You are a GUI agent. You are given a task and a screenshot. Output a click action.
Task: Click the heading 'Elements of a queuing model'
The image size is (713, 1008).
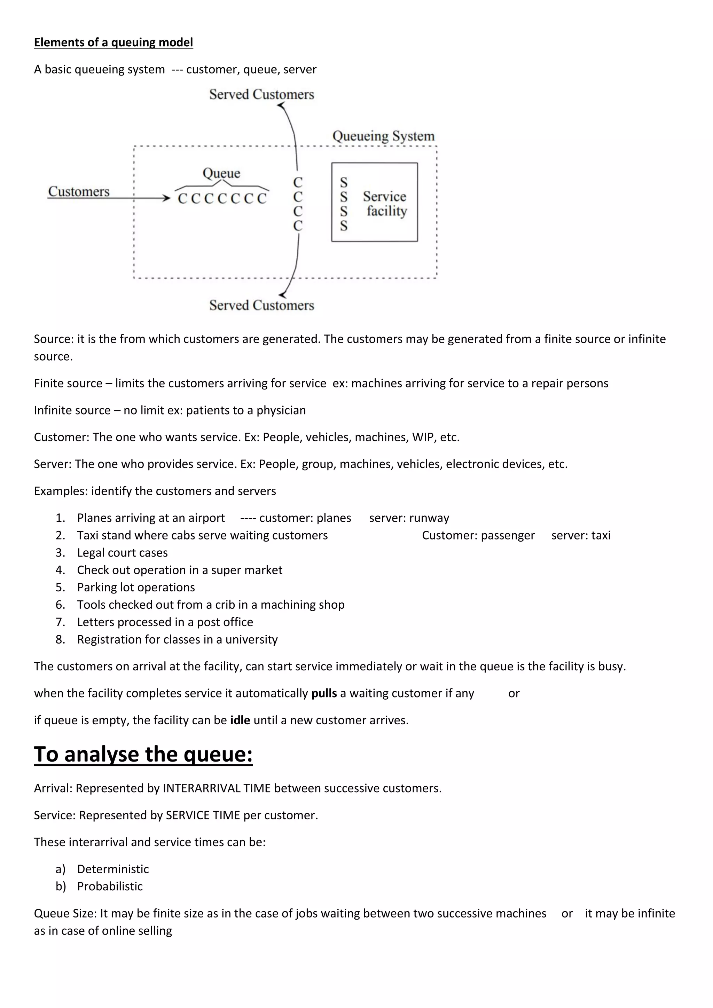[x=113, y=42]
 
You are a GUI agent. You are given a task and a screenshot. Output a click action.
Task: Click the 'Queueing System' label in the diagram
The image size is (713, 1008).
[x=383, y=136]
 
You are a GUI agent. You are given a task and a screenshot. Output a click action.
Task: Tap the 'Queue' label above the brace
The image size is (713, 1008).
[x=221, y=173]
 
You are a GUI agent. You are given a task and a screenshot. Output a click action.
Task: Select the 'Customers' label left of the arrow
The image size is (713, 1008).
[x=79, y=191]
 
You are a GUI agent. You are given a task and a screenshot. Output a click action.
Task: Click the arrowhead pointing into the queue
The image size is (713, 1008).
[x=166, y=198]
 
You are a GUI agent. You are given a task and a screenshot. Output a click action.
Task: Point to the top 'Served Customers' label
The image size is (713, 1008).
[x=262, y=94]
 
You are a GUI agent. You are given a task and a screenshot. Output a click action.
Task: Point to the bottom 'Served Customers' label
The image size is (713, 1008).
[x=262, y=305]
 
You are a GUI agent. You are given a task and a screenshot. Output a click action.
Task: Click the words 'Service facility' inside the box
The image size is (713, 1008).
[x=385, y=204]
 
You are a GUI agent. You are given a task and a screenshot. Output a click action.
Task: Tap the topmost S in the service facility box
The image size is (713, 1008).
[x=344, y=182]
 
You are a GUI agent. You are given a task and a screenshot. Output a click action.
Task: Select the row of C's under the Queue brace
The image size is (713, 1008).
[x=222, y=199]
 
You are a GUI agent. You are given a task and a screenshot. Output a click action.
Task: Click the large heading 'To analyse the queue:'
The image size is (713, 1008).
[x=143, y=754]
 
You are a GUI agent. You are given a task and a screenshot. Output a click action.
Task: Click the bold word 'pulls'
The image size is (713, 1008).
[x=324, y=693]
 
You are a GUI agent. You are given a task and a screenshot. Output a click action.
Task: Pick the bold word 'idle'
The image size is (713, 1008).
[x=240, y=720]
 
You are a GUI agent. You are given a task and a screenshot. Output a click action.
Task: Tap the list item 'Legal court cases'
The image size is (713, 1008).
[x=122, y=553]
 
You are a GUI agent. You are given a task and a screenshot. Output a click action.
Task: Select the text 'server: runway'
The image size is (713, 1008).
[x=409, y=518]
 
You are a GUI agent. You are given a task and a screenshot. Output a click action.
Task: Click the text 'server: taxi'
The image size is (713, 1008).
[x=580, y=535]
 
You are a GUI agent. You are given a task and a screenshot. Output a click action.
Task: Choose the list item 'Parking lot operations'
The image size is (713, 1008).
[x=136, y=588]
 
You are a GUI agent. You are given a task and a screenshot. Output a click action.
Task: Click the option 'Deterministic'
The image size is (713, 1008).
[x=113, y=869]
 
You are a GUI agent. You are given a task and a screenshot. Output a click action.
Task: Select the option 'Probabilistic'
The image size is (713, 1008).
[x=110, y=886]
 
